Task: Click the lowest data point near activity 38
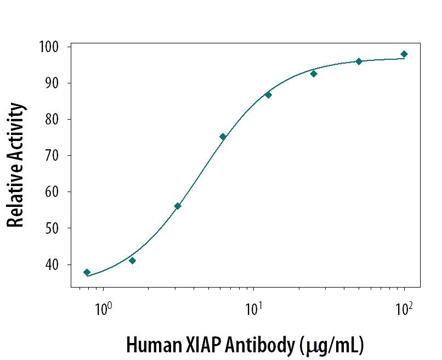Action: (87, 272)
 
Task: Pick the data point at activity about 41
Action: (132, 261)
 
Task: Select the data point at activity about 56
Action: (178, 206)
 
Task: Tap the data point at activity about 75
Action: (223, 137)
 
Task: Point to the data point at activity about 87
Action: (268, 95)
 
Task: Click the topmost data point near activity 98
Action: (404, 54)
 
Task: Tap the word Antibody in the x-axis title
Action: (263, 346)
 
